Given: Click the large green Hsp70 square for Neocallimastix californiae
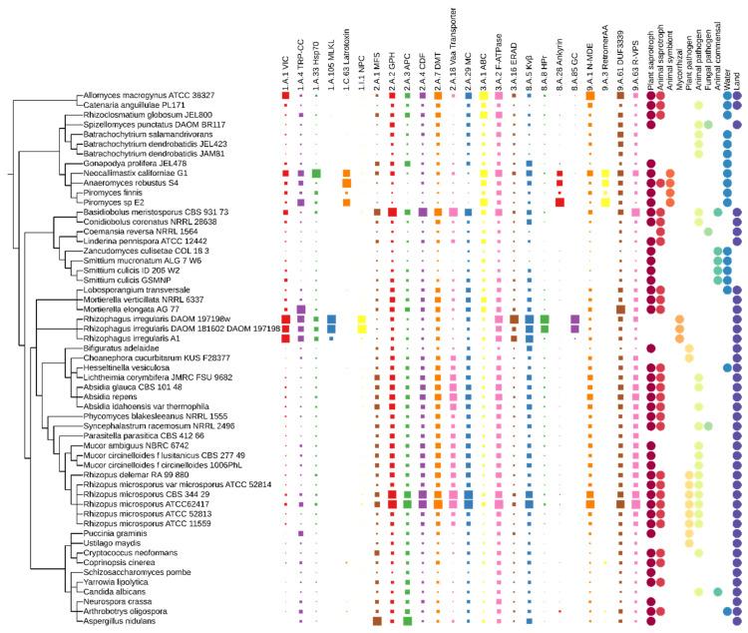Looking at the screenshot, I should coord(315,174).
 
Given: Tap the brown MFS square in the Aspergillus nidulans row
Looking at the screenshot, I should coord(377,621).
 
